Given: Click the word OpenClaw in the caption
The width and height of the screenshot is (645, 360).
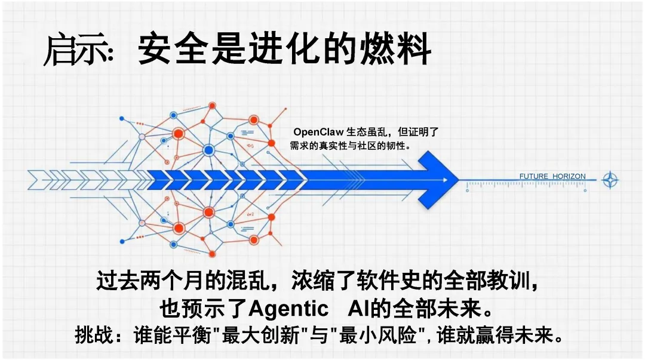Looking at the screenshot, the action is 318,133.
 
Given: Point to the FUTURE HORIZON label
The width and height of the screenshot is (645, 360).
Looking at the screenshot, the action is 552,177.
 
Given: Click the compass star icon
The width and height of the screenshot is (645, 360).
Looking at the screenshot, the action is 610,180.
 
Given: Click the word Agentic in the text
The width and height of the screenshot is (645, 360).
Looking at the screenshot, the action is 288,309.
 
